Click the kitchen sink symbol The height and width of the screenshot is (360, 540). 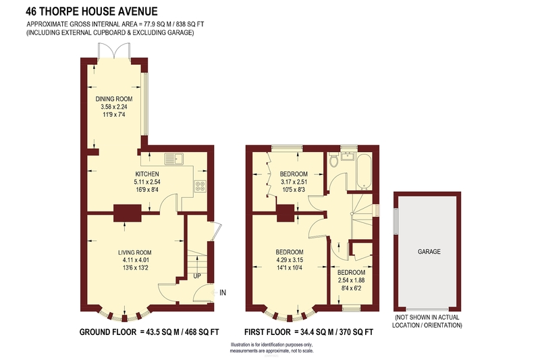coord(174,159)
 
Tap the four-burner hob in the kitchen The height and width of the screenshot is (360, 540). coord(200,186)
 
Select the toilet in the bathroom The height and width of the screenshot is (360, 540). coord(333,160)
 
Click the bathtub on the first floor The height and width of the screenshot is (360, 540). coord(364,171)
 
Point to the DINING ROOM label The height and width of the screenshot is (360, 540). coord(114,99)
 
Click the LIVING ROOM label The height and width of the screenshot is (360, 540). coord(134,253)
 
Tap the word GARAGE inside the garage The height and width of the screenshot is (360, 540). coord(429,251)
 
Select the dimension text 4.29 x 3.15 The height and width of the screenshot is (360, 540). coord(290,260)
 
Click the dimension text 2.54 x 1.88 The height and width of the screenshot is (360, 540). coord(351,280)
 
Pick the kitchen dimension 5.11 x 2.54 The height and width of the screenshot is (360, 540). coord(147,182)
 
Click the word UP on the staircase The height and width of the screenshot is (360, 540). coord(197,276)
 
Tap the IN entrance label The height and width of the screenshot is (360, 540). coord(223,292)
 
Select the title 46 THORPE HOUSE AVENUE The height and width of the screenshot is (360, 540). coord(92,11)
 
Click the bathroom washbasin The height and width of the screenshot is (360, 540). coord(349,156)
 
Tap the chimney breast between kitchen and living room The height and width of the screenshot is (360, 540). coord(128,213)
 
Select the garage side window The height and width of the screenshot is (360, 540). coord(396,220)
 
